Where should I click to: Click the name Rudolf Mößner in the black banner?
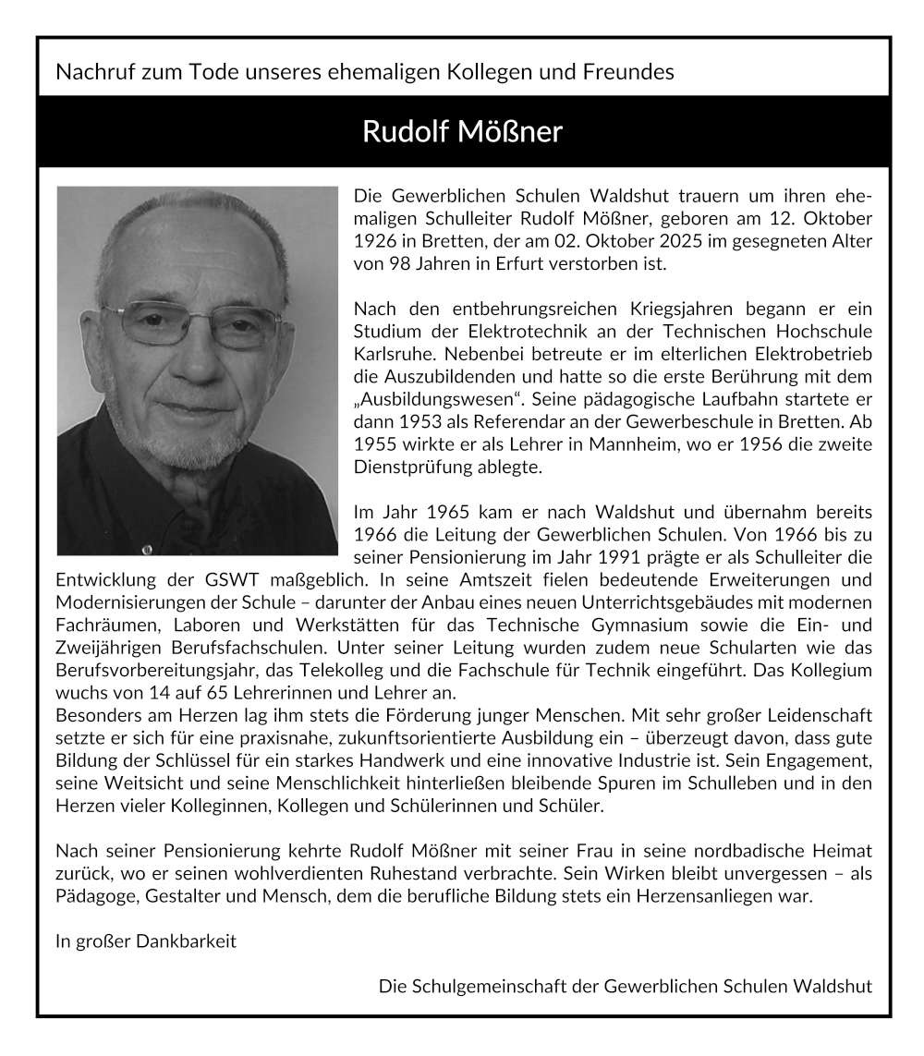click(461, 131)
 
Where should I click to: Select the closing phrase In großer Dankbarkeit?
click(146, 941)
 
